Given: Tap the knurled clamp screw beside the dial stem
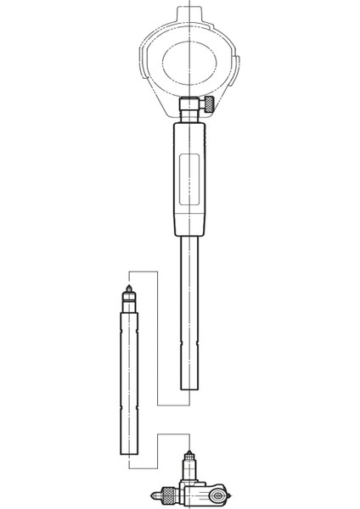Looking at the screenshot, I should tap(206, 105).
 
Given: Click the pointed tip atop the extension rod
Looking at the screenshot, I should tap(128, 291).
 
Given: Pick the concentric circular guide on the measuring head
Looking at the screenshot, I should tap(218, 491).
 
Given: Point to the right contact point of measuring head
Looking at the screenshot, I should tap(227, 491).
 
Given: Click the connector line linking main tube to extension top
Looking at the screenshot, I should tap(157, 339).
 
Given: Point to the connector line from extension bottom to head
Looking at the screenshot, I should tap(157, 450).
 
